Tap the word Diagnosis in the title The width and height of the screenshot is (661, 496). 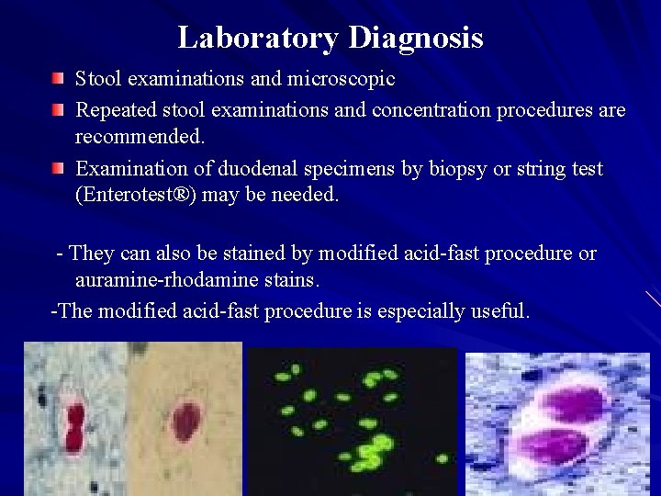pyautogui.click(x=416, y=38)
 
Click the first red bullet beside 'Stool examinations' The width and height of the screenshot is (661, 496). pyautogui.click(x=58, y=78)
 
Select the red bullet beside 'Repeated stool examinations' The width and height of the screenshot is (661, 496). pyautogui.click(x=58, y=110)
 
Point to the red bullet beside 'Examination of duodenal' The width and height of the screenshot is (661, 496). pyautogui.click(x=58, y=169)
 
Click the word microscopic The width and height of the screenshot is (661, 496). pyautogui.click(x=344, y=80)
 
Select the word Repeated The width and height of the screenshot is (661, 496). pyautogui.click(x=116, y=111)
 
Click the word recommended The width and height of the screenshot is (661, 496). pyautogui.click(x=140, y=137)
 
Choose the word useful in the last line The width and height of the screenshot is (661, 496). pyautogui.click(x=500, y=311)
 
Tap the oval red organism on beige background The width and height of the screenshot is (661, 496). pyautogui.click(x=187, y=421)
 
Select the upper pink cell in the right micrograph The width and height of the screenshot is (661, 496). pyautogui.click(x=568, y=403)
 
